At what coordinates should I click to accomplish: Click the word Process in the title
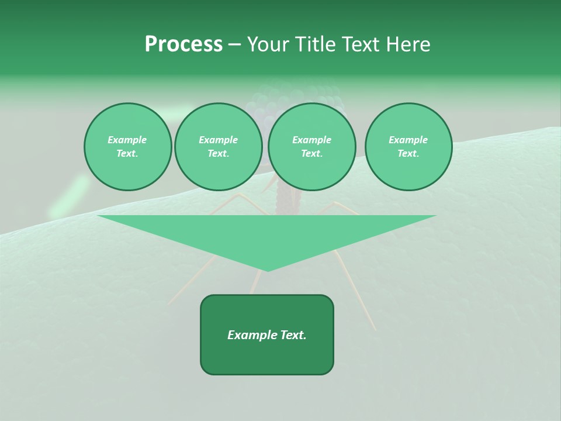click(x=183, y=44)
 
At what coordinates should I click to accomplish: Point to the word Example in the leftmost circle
click(x=127, y=140)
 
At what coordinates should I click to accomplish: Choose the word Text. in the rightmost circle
click(x=408, y=153)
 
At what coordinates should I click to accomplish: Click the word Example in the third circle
click(x=311, y=140)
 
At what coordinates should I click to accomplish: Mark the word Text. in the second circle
click(x=218, y=153)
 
